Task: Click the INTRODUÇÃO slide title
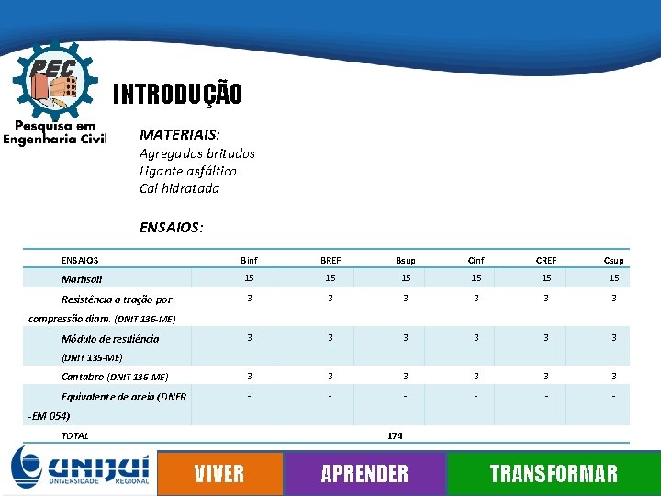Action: (177, 94)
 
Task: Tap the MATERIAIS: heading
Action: (180, 134)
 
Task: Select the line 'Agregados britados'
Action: (197, 153)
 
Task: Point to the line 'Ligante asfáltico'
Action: (188, 171)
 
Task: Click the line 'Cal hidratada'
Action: (180, 188)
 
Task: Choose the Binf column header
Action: (249, 260)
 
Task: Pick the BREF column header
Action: (330, 260)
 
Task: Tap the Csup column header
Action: (613, 260)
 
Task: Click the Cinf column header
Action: (476, 260)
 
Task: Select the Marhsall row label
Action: (82, 279)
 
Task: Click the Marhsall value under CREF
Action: (546, 278)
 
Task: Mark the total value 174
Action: (396, 435)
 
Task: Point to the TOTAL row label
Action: (75, 435)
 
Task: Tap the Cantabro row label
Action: (115, 377)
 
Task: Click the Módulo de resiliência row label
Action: (110, 339)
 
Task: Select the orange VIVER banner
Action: (219, 473)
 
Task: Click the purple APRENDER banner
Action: (364, 473)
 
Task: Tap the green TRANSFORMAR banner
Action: (553, 473)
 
